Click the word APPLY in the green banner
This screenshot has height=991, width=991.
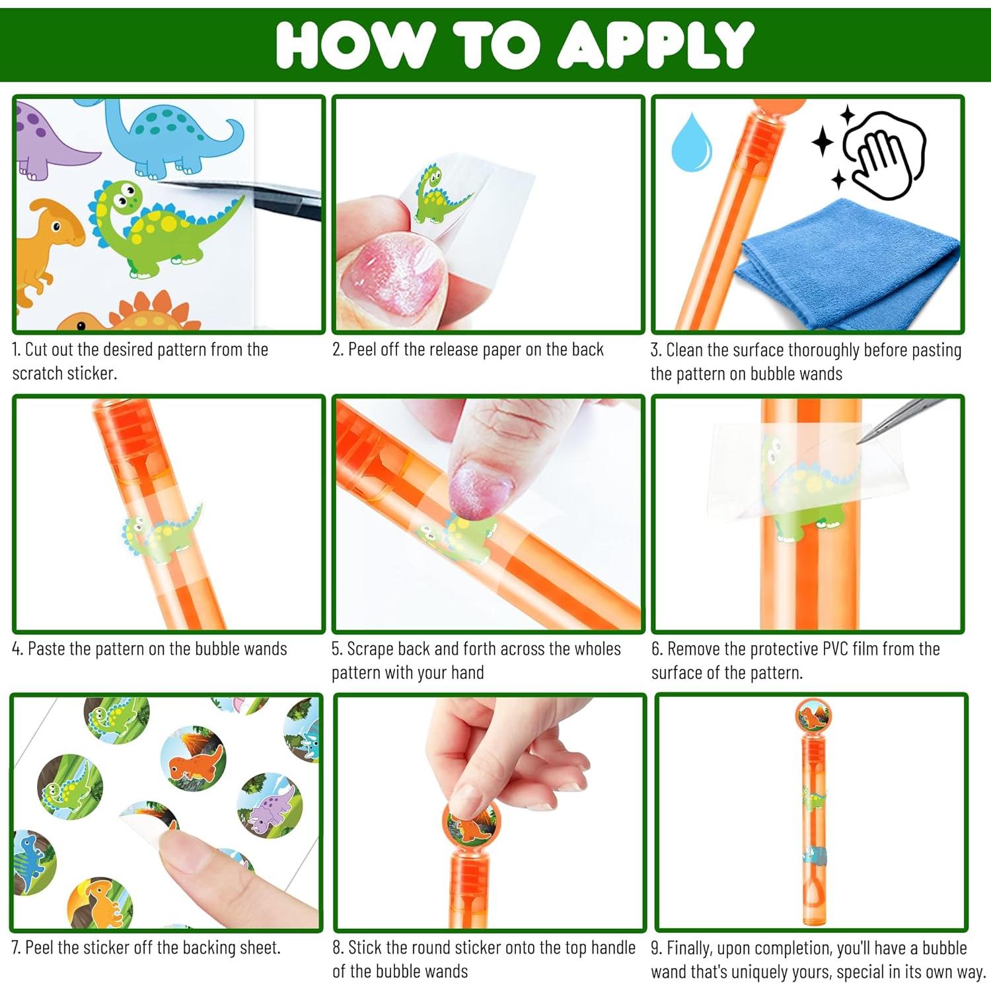click(x=655, y=44)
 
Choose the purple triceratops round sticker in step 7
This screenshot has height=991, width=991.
click(x=270, y=805)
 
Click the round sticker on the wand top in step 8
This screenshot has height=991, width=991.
click(x=470, y=823)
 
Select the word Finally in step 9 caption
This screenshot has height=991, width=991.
click(x=690, y=949)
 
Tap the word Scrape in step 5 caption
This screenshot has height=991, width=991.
click(x=371, y=649)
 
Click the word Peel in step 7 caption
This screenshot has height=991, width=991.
click(x=39, y=947)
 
